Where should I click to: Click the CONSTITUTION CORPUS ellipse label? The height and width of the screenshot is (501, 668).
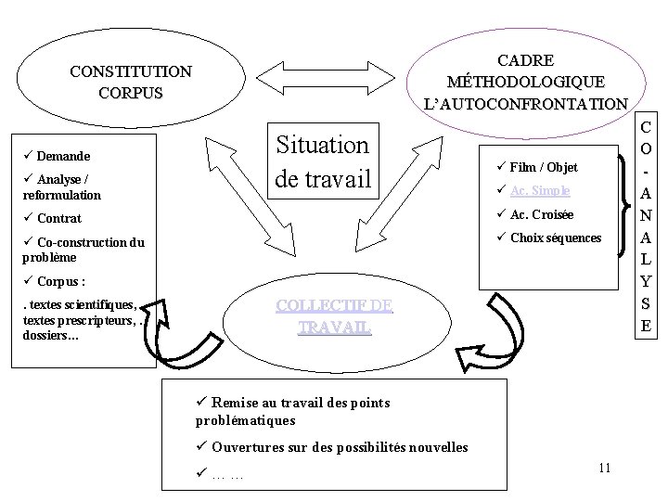click(131, 82)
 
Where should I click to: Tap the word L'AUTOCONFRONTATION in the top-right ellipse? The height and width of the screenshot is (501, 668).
click(525, 103)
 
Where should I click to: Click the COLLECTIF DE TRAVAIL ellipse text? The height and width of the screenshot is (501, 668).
click(335, 315)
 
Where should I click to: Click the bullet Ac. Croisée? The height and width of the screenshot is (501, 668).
click(542, 214)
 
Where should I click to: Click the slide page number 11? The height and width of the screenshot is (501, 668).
click(604, 467)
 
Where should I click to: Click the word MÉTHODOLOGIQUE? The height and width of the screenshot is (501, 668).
click(525, 82)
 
